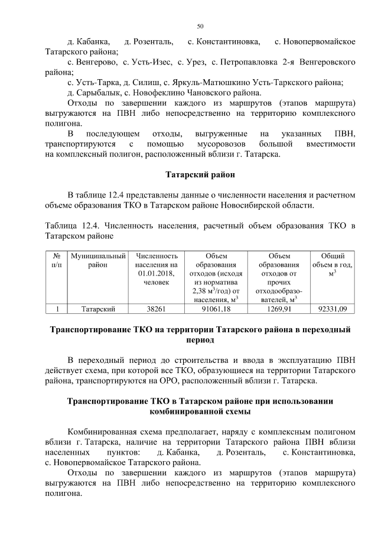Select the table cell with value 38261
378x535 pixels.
157,309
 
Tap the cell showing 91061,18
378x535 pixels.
216,309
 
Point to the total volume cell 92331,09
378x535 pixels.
332,309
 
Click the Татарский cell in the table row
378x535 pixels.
97,309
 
